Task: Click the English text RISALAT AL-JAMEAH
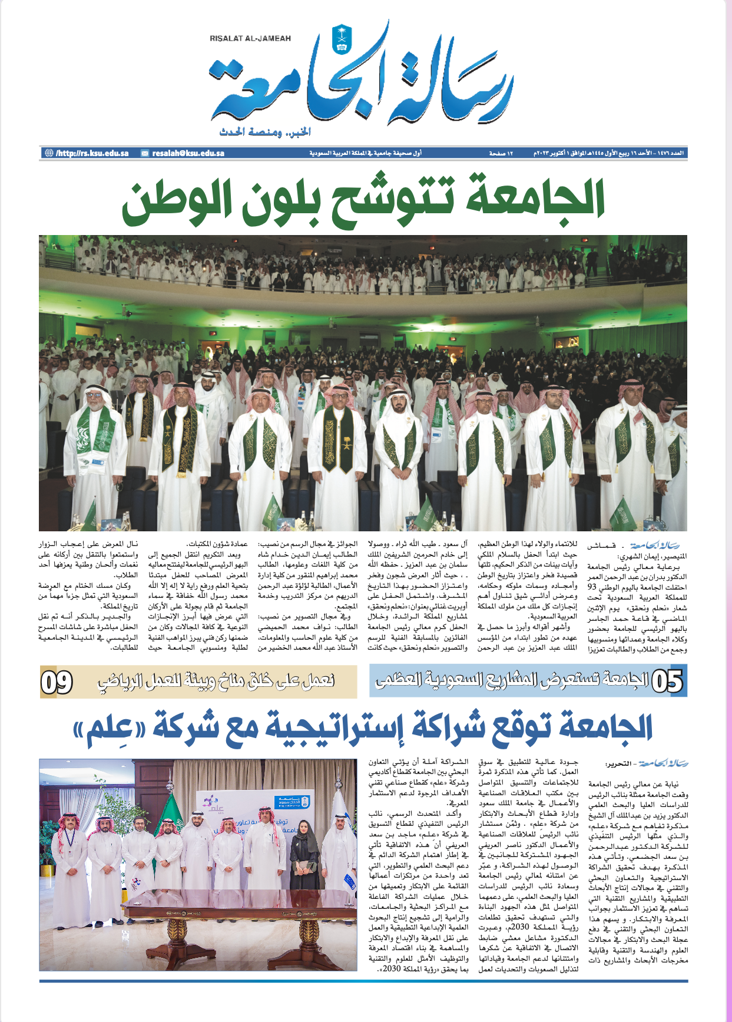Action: pyautogui.click(x=250, y=39)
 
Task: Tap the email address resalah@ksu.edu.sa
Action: pyautogui.click(x=188, y=153)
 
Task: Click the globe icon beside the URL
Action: pyautogui.click(x=49, y=153)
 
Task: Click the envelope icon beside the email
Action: pyautogui.click(x=145, y=153)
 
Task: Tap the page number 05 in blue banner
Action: pyautogui.click(x=667, y=682)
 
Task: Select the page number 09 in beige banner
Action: pyautogui.click(x=57, y=682)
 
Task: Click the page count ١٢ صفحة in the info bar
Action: pyautogui.click(x=501, y=153)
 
